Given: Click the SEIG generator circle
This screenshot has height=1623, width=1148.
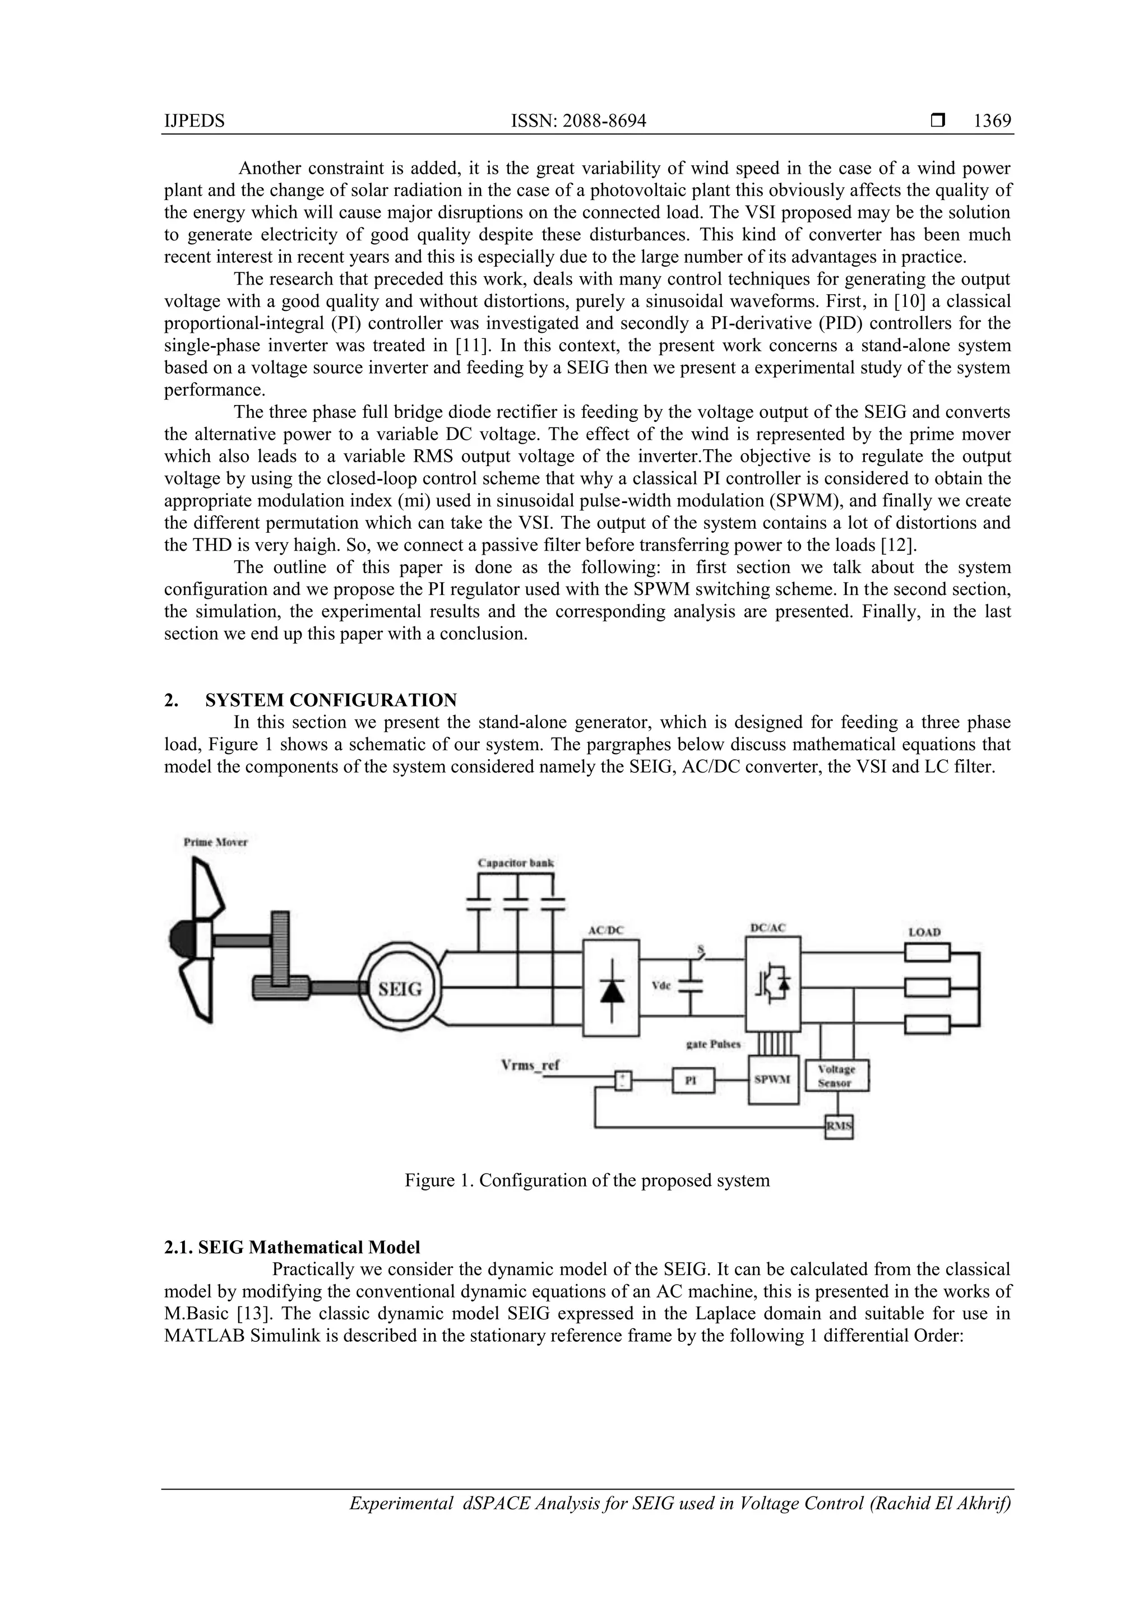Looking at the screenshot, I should [x=400, y=988].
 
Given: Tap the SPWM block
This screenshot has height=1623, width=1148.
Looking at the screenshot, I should [x=772, y=1080].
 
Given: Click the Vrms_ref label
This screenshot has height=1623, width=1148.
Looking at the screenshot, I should [x=530, y=1065].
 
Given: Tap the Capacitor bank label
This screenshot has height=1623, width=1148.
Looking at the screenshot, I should [x=516, y=863].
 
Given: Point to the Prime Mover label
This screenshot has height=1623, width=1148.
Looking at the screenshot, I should [x=216, y=842].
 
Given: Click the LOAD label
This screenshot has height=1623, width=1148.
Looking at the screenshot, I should [x=924, y=932].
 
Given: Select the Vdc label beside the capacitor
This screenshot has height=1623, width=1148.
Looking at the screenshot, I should [x=661, y=985].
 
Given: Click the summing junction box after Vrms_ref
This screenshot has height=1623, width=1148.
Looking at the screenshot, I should [x=622, y=1081].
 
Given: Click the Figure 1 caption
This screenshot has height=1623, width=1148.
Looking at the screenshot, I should [x=587, y=1180].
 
